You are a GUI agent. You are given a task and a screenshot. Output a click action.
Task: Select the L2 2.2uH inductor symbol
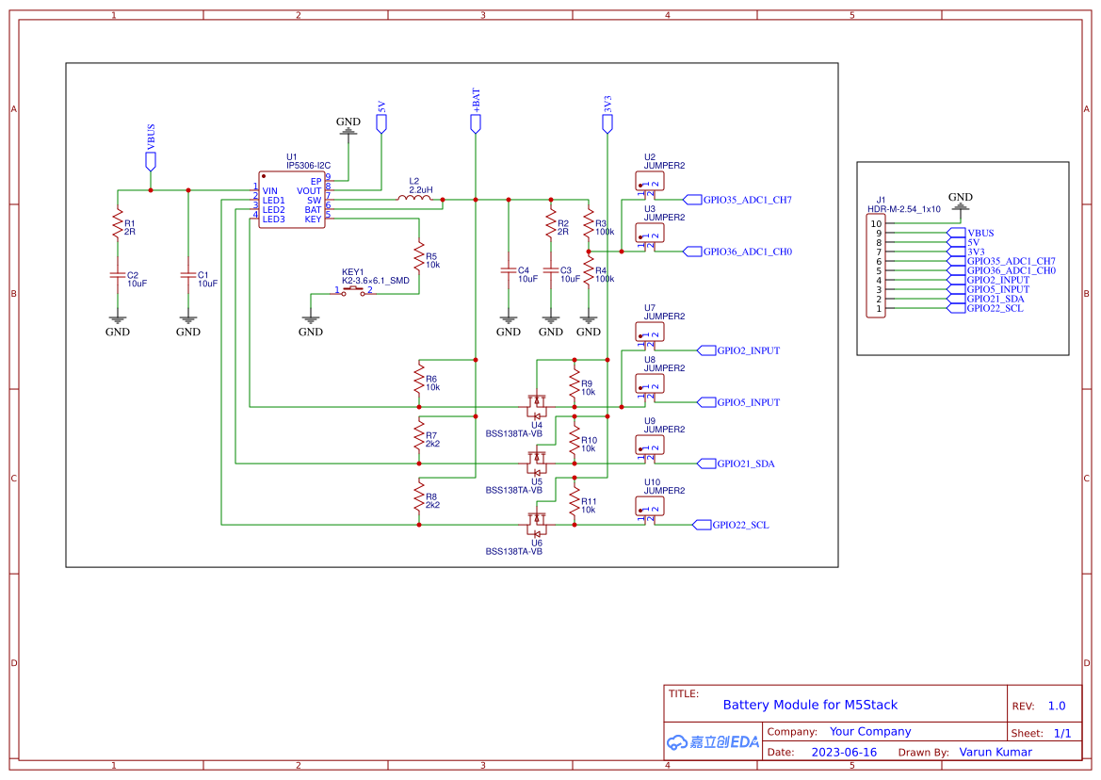click(414, 198)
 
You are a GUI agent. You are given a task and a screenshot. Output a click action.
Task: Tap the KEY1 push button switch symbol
click(354, 291)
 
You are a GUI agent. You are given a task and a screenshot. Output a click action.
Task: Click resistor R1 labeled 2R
click(118, 226)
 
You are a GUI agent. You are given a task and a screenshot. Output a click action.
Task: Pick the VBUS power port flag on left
click(151, 160)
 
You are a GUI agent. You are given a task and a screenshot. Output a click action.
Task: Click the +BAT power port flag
click(476, 122)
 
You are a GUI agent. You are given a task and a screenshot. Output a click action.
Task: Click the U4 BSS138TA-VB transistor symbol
click(537, 405)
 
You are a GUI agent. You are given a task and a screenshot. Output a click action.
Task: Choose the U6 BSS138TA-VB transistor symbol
click(537, 523)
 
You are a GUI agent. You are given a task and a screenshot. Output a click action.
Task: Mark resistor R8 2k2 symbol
click(419, 499)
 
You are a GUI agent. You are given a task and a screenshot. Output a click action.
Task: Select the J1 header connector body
click(876, 267)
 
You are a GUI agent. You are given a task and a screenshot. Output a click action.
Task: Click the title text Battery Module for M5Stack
click(810, 705)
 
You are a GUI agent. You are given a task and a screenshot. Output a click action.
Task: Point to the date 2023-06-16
click(844, 752)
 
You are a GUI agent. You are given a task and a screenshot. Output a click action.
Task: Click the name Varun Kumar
click(996, 752)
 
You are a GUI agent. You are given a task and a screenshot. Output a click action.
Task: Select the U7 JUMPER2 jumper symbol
click(650, 332)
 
